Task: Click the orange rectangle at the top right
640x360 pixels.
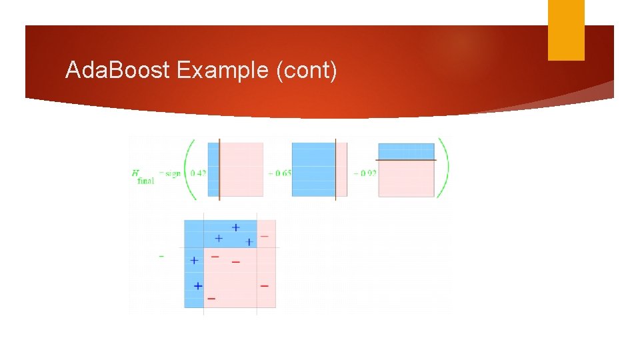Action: (x=566, y=29)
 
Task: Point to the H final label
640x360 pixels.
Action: (x=143, y=176)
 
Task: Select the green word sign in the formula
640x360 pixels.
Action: (x=173, y=173)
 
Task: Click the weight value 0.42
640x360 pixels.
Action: (x=198, y=173)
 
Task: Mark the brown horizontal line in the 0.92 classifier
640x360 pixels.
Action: (x=406, y=160)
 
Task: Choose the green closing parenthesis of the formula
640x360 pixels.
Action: (x=444, y=169)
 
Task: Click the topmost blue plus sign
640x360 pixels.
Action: (x=235, y=227)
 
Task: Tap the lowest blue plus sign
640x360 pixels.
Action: (x=197, y=285)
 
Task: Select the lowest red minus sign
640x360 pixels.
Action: (x=211, y=299)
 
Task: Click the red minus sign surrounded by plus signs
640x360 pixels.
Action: (x=215, y=256)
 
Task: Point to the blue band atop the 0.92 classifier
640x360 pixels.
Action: (x=406, y=151)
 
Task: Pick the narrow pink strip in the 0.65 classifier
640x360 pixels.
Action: (x=341, y=169)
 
